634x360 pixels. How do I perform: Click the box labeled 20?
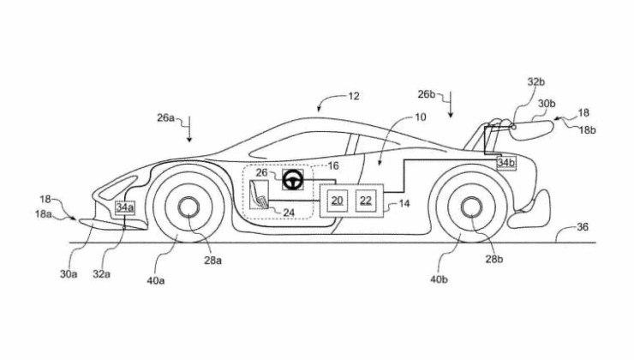point(337,201)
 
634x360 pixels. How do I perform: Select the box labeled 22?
point(366,201)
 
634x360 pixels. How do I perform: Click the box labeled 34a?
point(125,207)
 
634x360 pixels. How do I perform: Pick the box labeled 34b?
point(505,162)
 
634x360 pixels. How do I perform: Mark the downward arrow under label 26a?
point(191,134)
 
